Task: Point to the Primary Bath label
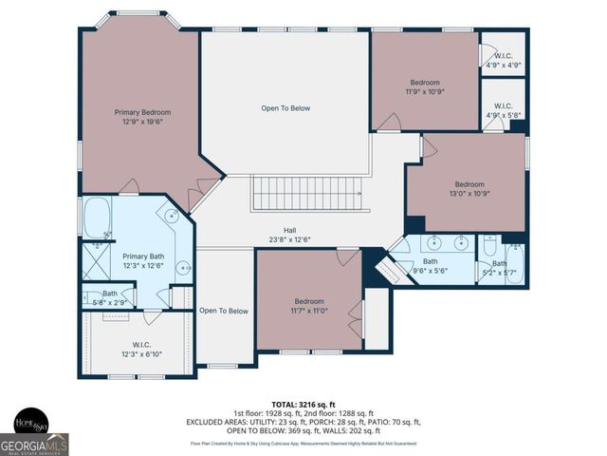[142, 256]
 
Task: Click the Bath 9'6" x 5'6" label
[431, 266]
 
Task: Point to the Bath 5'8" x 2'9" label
[110, 297]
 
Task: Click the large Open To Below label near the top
[285, 108]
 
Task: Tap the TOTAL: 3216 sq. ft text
[303, 404]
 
